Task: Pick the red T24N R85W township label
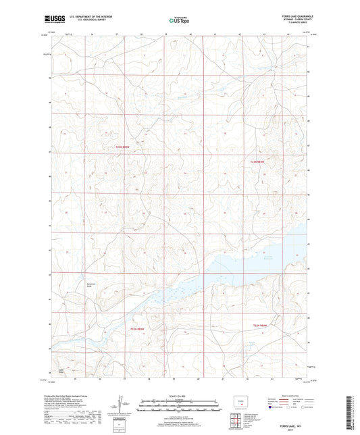[x=138, y=328]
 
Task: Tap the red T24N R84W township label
[x=260, y=326]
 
